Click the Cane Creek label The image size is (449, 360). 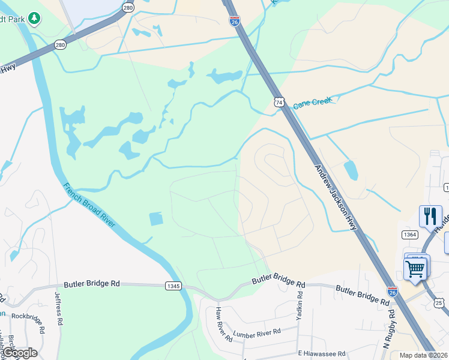point(312,103)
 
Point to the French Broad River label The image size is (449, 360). point(89,205)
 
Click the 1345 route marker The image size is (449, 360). point(173,286)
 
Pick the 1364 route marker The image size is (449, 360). point(411,235)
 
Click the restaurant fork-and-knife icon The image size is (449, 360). point(430,216)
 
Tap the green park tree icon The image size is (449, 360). point(35,19)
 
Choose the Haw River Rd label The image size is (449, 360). point(223,325)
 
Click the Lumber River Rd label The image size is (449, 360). point(257,332)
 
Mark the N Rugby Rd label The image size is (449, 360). point(388,329)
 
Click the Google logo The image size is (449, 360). point(20,353)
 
